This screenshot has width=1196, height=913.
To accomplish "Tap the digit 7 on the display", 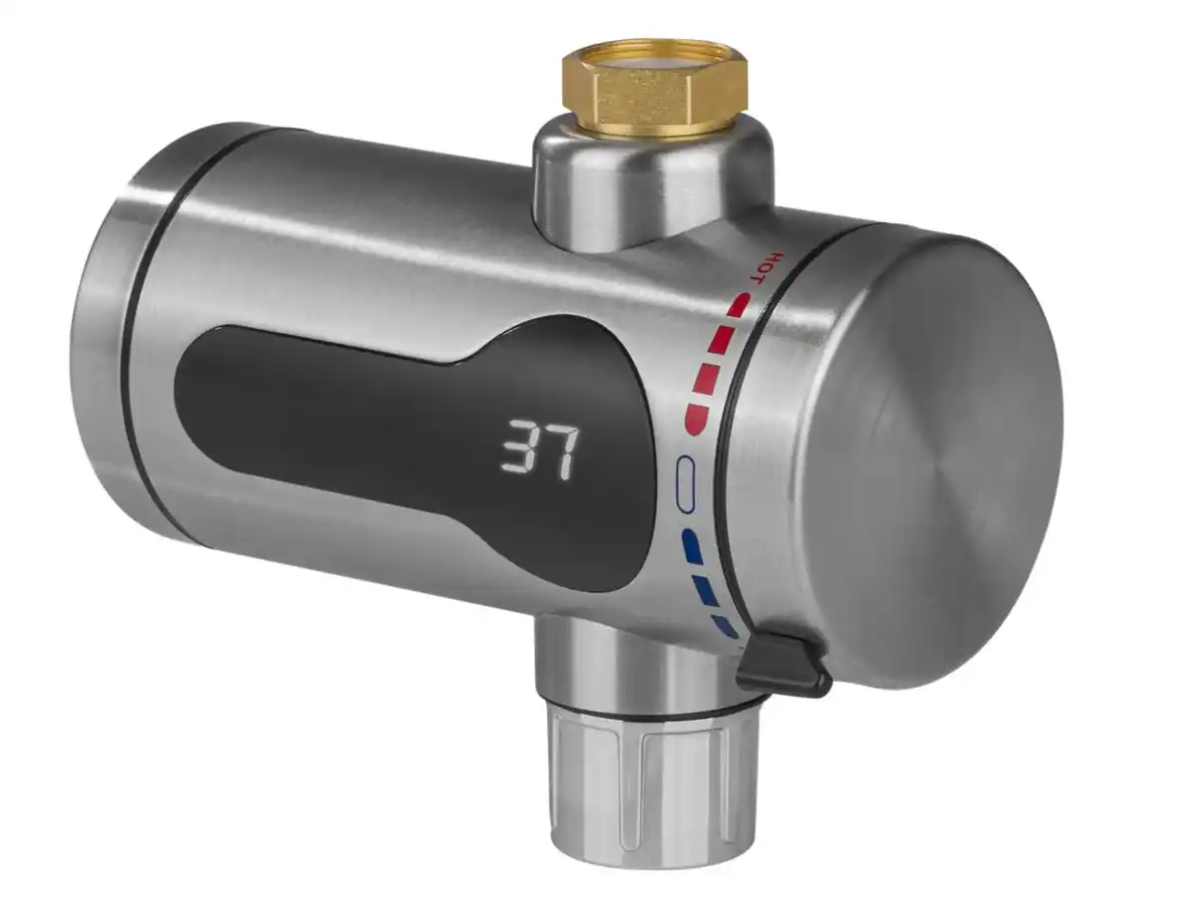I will point(559,451).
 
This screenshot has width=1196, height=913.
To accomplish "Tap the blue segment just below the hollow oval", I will point(690,543).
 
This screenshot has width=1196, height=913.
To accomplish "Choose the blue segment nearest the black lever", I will point(725,625).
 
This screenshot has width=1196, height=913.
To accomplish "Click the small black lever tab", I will point(784,665).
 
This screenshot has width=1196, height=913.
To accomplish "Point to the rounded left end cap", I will point(100,329).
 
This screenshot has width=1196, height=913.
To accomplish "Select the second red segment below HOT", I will point(719,339).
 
